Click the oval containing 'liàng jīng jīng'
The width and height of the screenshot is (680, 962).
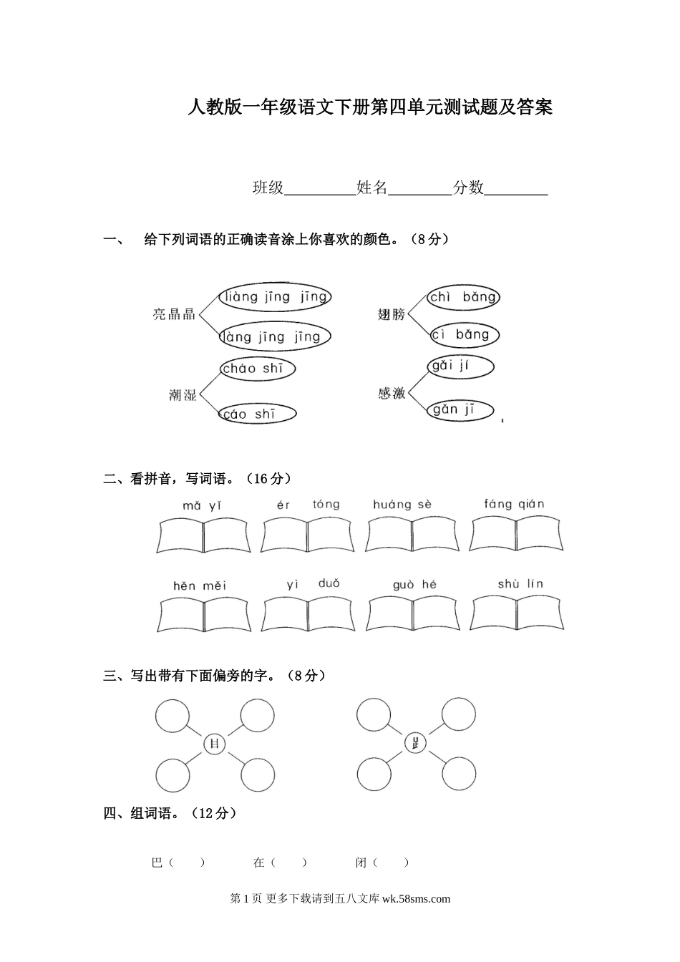pos(274,297)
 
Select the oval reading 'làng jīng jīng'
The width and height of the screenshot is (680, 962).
pos(274,336)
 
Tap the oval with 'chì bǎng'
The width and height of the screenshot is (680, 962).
pos(462,297)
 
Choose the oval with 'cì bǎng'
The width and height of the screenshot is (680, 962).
pos(463,335)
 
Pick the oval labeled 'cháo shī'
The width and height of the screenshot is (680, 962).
pos(257,369)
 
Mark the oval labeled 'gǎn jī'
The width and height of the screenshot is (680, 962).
pos(461,410)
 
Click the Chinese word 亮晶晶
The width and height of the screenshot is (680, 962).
pos(174,314)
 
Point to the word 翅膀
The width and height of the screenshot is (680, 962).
pos(392,314)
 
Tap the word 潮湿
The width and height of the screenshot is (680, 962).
pos(183,394)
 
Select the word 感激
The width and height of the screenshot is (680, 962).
pos(392,393)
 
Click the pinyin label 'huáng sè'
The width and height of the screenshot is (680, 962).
pos(402,505)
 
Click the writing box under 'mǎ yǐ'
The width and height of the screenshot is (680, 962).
pos(203,535)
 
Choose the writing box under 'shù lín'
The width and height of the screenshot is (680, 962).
pos(517,613)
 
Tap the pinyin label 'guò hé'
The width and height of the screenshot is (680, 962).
pos(414,585)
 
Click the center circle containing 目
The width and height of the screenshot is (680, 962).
pos(214,744)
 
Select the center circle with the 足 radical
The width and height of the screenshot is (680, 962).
pos(415,744)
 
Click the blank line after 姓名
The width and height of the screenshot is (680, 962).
pos(419,189)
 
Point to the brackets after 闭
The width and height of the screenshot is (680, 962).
pos(391,863)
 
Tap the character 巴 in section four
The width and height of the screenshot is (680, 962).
pos(157,863)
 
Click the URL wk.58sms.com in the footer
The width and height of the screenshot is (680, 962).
pos(417,899)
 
